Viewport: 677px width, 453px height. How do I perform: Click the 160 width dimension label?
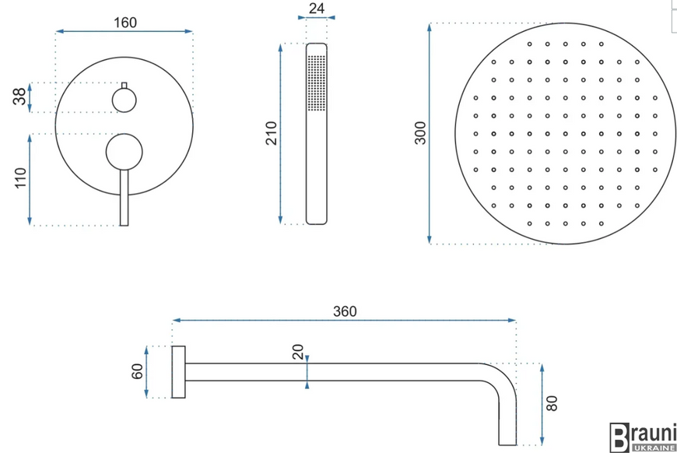click(x=125, y=23)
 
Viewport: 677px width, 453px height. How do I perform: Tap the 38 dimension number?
click(x=19, y=97)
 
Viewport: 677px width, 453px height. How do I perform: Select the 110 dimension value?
click(x=20, y=177)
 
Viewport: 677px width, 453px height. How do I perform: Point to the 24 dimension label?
click(x=317, y=9)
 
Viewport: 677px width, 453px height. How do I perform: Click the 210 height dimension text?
click(x=271, y=133)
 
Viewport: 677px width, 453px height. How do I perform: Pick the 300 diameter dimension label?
click(x=419, y=133)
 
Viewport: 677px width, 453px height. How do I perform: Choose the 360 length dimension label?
click(x=345, y=311)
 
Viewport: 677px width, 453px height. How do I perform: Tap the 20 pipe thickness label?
click(x=298, y=352)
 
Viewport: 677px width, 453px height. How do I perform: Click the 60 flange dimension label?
click(x=137, y=371)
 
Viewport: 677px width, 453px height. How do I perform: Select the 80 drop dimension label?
click(x=552, y=403)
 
